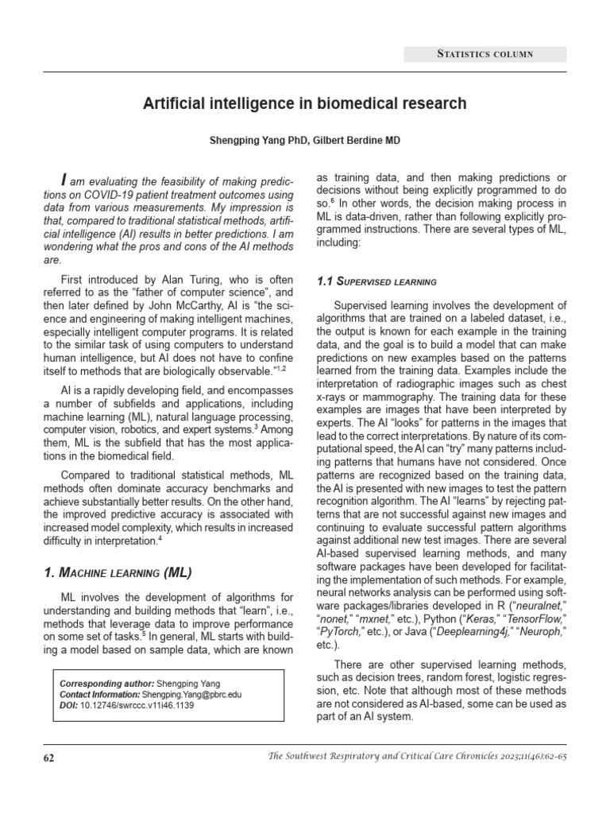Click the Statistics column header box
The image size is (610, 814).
click(x=485, y=54)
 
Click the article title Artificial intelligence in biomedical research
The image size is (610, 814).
click(x=304, y=104)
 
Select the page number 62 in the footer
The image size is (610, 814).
click(x=48, y=758)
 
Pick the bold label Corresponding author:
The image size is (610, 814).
click(x=106, y=683)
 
